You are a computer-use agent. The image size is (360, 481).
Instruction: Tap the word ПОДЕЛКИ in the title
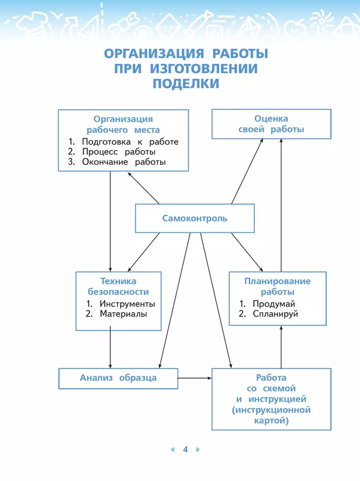click(x=186, y=84)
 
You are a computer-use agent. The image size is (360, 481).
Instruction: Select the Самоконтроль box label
click(x=194, y=218)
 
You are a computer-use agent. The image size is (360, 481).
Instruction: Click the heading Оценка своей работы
click(x=271, y=124)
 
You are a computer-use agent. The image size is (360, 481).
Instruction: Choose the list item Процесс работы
click(x=119, y=152)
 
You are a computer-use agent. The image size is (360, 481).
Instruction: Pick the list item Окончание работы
click(x=124, y=162)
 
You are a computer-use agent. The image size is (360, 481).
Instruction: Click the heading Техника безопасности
click(x=119, y=286)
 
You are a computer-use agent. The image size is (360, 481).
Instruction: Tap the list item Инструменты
click(x=127, y=304)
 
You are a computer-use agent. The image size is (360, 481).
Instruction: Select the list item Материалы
click(x=123, y=314)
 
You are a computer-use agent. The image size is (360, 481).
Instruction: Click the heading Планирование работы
click(x=277, y=286)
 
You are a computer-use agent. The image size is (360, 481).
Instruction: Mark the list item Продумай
click(x=274, y=304)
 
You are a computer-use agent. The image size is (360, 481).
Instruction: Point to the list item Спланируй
click(x=275, y=314)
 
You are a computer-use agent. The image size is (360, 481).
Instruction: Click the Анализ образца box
click(x=118, y=378)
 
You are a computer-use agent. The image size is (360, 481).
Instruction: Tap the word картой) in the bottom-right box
click(x=271, y=420)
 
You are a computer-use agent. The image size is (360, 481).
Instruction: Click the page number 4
click(x=186, y=449)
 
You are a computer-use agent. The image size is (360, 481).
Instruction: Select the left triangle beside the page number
click(x=172, y=449)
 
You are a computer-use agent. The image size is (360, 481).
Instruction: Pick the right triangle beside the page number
click(x=198, y=449)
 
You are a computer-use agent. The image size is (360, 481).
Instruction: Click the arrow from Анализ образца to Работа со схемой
click(x=195, y=378)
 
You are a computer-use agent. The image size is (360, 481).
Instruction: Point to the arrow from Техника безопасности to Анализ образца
click(x=110, y=349)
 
